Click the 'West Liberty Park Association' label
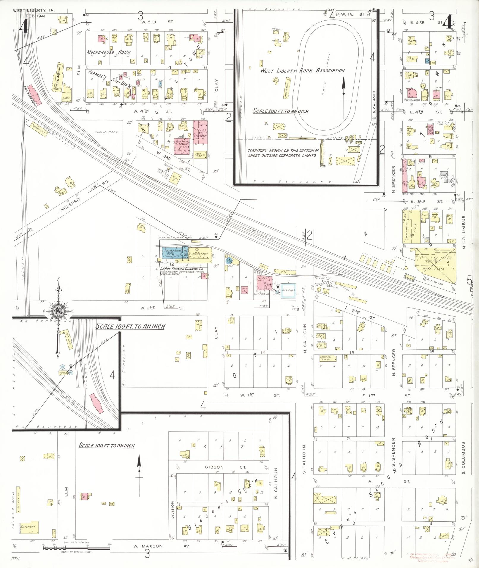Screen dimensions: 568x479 point(302,71)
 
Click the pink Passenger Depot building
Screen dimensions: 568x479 point(35,96)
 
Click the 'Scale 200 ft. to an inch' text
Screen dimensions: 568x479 point(280,111)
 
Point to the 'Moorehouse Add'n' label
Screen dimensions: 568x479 point(108,52)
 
